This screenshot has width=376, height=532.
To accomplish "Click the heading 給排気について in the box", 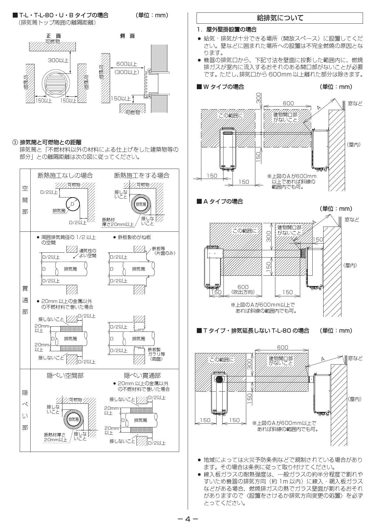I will (x=280, y=18).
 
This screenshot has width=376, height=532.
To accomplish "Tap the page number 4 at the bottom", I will (x=188, y=519).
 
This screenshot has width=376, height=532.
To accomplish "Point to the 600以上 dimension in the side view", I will (x=126, y=64).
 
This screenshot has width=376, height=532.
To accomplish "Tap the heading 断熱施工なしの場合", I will (x=65, y=175).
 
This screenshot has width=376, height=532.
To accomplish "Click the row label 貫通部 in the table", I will (x=25, y=300).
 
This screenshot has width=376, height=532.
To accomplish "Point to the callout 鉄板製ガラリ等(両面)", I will (x=156, y=354).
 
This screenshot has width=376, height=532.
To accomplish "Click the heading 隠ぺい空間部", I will (x=65, y=375).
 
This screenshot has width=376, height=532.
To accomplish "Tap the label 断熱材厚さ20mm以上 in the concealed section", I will (x=55, y=437).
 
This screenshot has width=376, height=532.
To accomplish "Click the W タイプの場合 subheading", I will (x=220, y=87).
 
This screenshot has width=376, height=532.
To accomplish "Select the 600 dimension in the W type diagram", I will (x=288, y=103).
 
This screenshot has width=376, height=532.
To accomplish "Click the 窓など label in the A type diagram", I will (x=352, y=220).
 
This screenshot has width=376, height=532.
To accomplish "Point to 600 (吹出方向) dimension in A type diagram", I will (x=243, y=289).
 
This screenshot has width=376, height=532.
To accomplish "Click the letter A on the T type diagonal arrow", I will (x=323, y=359).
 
